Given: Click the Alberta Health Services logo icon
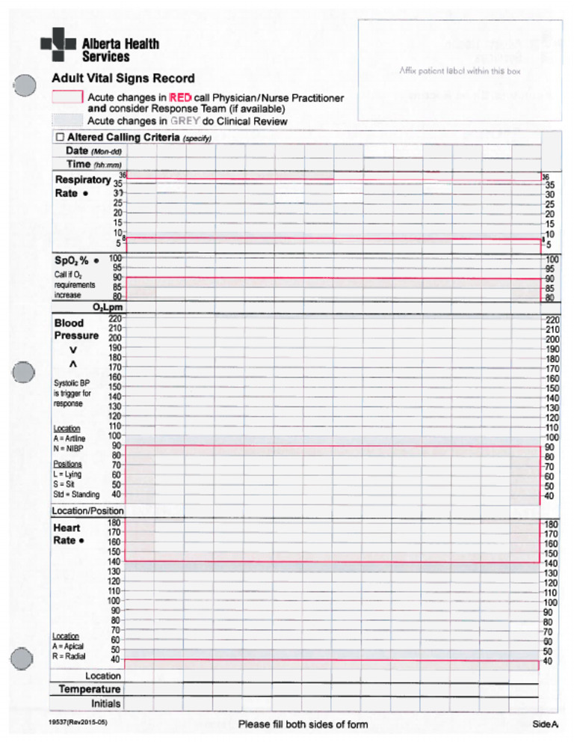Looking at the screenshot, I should pos(58,43).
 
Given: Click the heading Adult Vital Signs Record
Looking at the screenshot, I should pos(123,78).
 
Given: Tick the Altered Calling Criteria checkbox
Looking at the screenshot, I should pos(60,138).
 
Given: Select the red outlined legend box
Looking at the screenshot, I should pos(67,97).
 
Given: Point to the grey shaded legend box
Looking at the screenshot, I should pos(67,120).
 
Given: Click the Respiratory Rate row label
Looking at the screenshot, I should pos(82,186).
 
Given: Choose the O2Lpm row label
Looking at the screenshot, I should pos(108,308).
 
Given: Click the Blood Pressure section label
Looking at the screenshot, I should pos(75,329).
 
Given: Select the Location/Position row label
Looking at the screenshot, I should pos(87,510).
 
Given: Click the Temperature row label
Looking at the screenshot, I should pos(90,688).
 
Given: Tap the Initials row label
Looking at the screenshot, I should pos(105,703).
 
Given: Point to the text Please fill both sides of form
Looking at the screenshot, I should pos(303,724).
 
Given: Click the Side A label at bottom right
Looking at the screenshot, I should pos(545,724).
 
